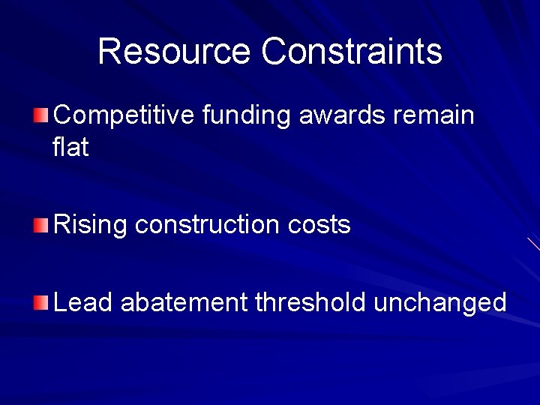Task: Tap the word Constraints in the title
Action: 352,52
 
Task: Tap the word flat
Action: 71,148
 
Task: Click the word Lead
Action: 83,303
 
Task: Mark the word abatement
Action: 184,303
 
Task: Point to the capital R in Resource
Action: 109,52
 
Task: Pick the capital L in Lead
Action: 60,303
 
